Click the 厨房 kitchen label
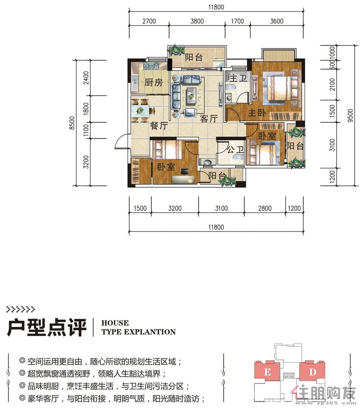pos(153,83)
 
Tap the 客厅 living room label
pos(209,118)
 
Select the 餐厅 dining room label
pos(159,126)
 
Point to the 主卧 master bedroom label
pos(257,113)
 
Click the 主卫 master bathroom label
pos(238,78)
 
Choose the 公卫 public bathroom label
pos(235,149)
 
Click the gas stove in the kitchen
pos(151,66)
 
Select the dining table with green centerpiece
pos(140,111)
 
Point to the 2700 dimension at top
pos(149,21)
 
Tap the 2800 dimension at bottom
pos(265,208)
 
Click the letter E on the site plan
pos(267,372)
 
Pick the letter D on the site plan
pos(313,372)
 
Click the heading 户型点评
pos(46,327)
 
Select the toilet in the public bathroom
pos(239,156)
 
